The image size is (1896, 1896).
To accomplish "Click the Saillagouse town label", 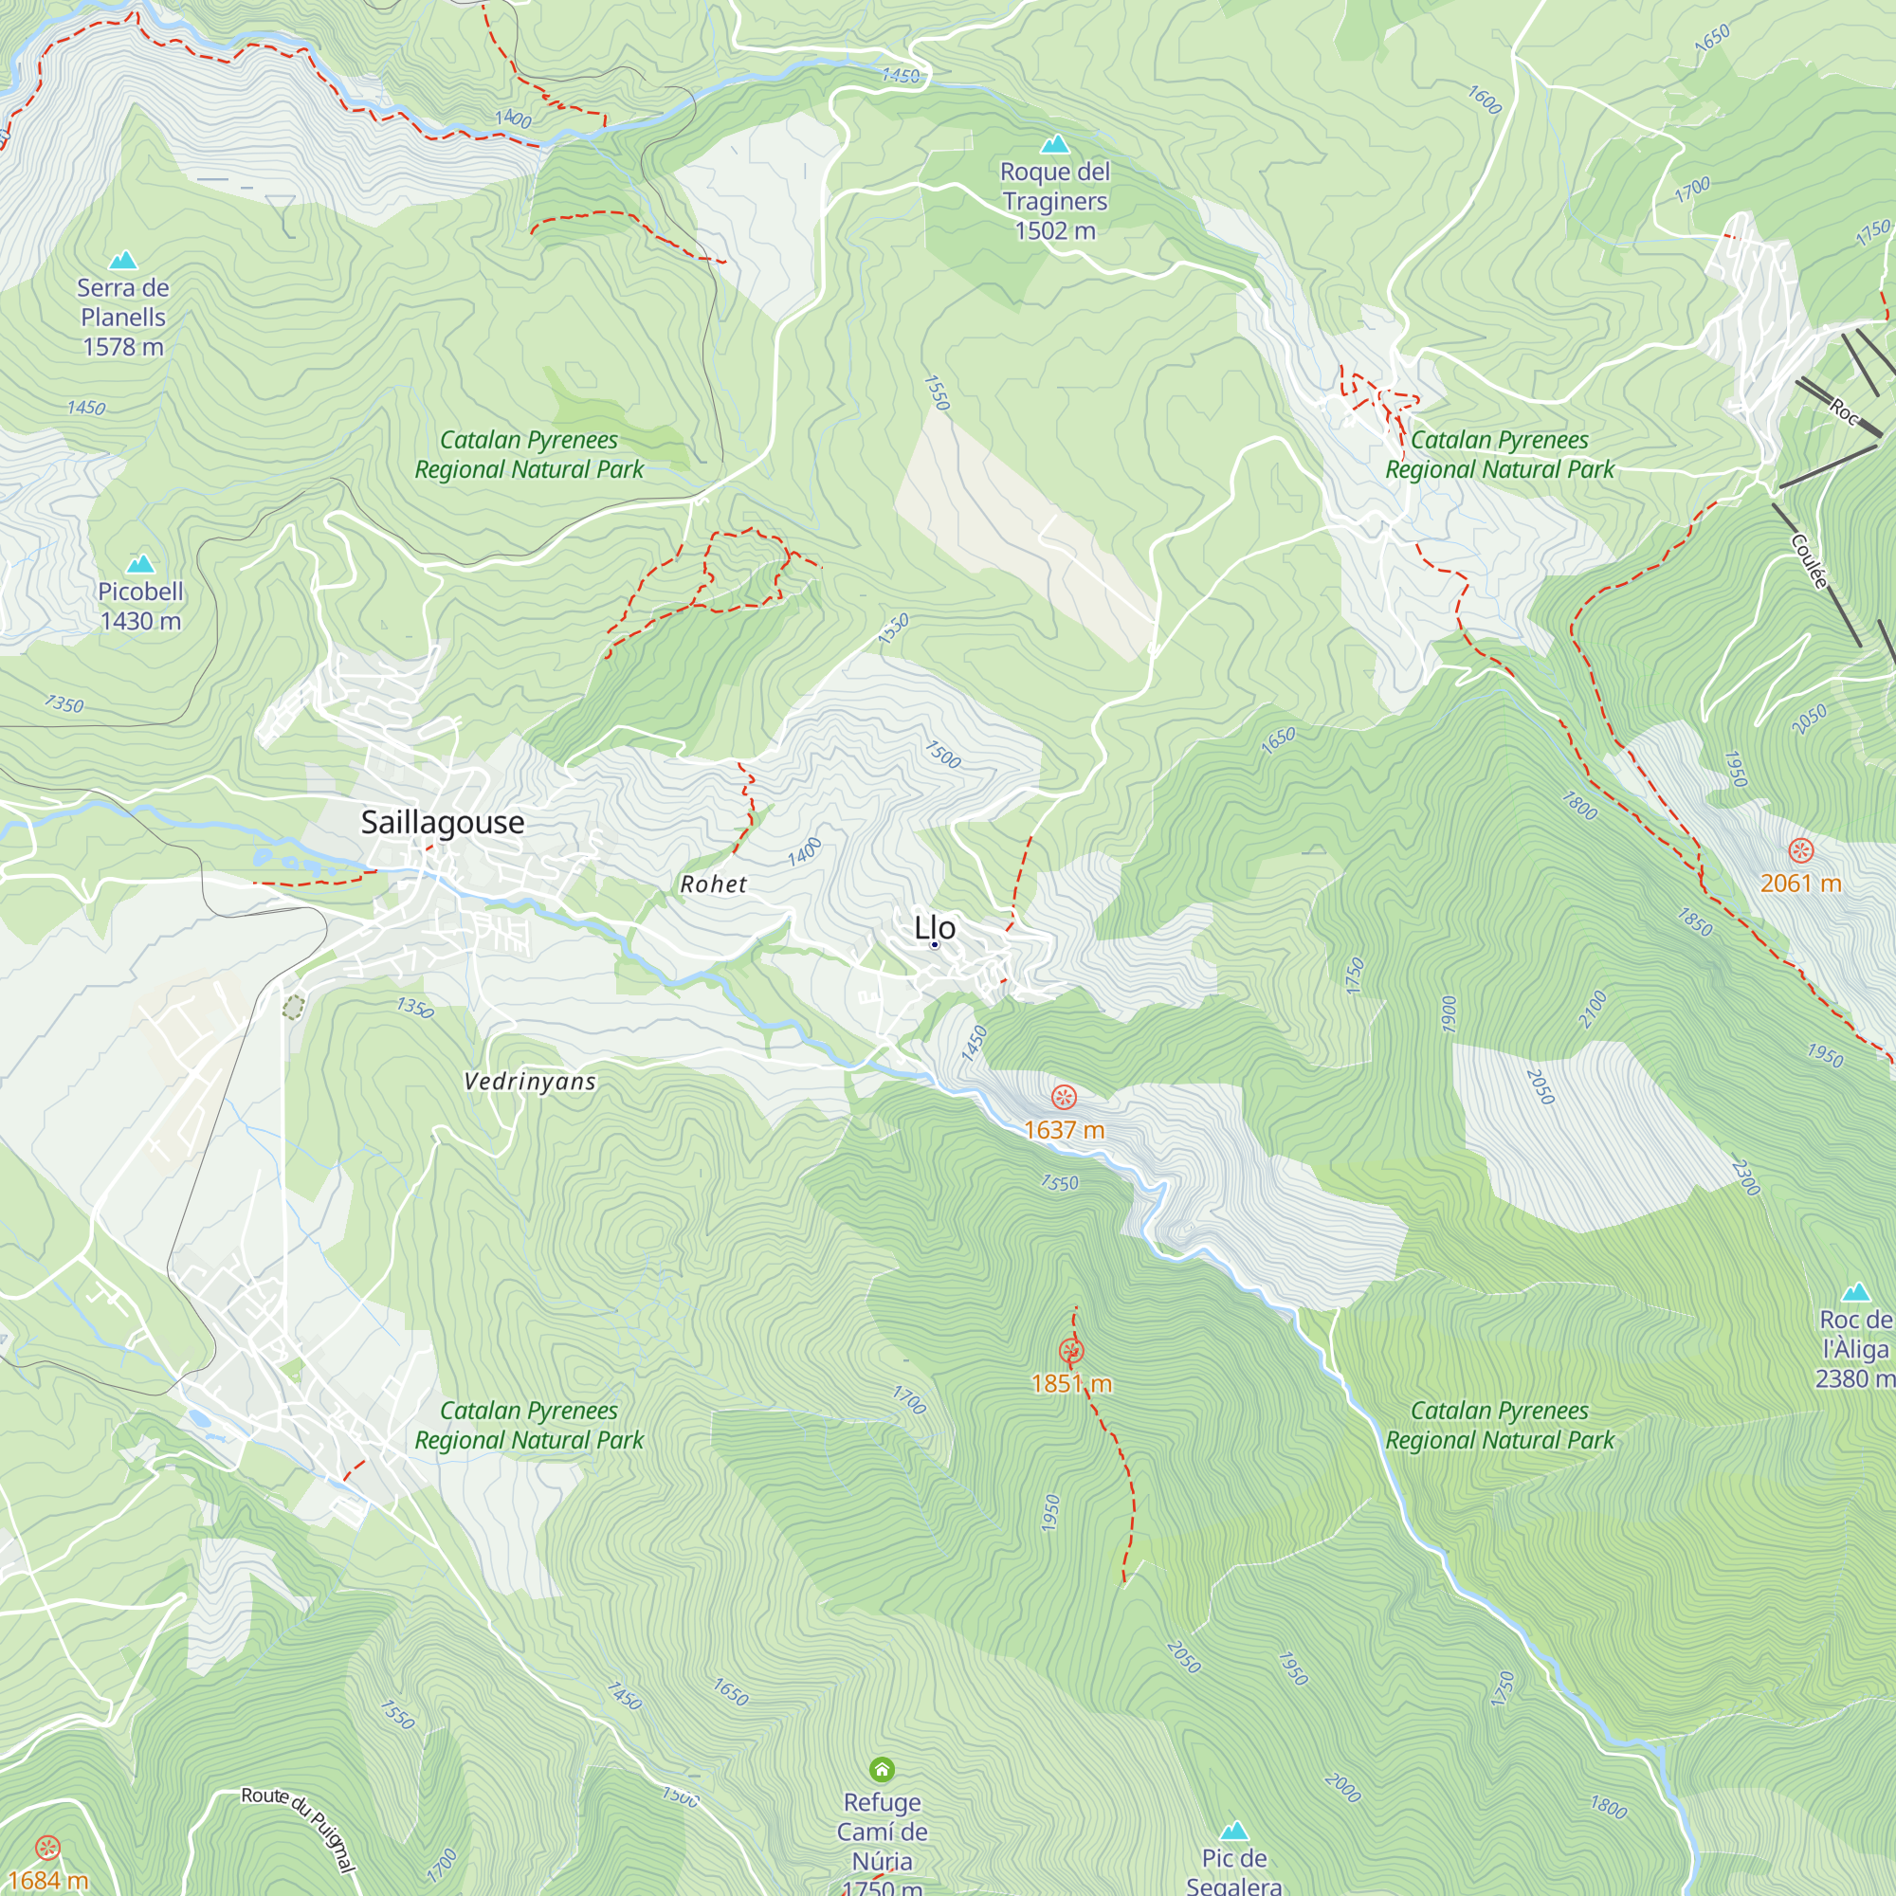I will (443, 821).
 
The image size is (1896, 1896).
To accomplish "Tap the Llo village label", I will (935, 926).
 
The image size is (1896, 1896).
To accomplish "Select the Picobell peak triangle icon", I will (140, 563).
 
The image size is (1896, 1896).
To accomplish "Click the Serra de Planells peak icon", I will (122, 259).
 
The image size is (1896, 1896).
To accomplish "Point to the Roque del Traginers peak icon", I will (1054, 144).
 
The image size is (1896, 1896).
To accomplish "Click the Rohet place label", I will (714, 884).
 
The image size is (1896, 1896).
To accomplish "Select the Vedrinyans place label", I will (530, 1082).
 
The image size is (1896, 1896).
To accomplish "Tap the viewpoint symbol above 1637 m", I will (1064, 1097).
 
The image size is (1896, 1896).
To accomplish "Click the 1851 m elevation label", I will (1070, 1384).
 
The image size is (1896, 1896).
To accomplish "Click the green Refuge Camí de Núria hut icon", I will (882, 1769).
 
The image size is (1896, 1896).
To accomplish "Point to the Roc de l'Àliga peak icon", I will (1855, 1291).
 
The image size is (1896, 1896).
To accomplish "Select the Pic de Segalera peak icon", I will (1233, 1831).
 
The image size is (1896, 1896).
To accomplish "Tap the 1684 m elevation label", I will (47, 1880).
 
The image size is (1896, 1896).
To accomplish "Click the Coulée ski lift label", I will (1810, 560).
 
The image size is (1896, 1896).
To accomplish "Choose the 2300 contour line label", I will (1745, 1176).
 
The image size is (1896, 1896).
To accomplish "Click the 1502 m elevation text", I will (1054, 230).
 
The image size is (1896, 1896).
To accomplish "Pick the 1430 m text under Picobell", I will (140, 620).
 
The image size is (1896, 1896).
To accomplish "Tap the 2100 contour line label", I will (1592, 1009).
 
